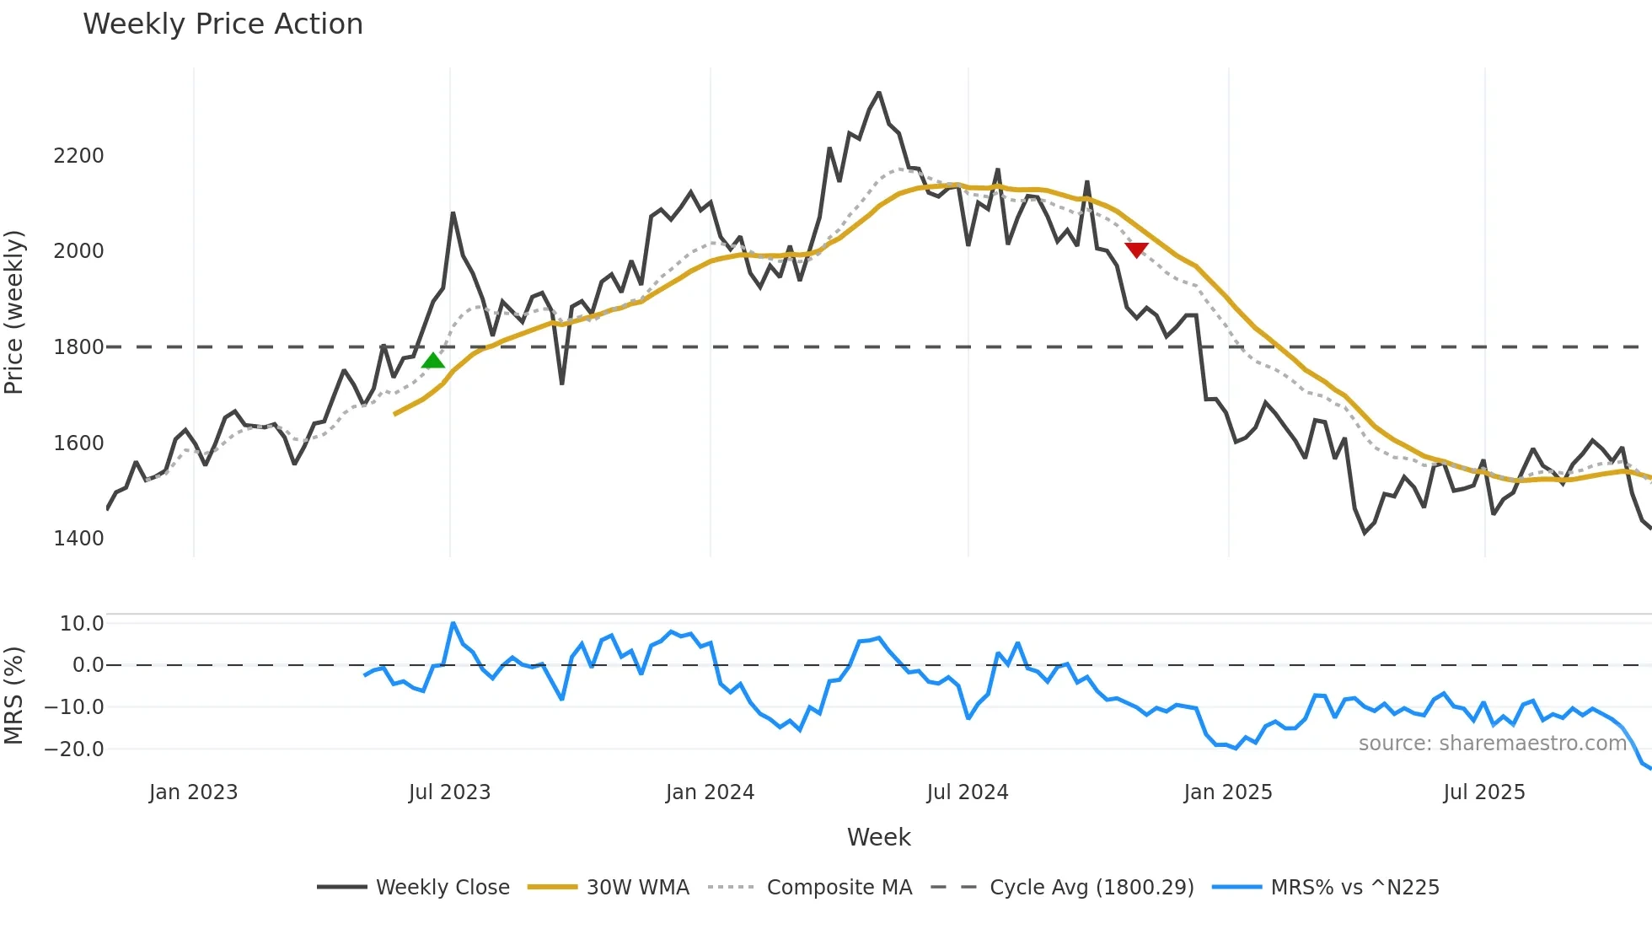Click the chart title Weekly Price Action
pos(223,24)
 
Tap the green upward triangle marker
pos(433,361)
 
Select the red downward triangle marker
pos(1136,250)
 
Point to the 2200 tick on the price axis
pos(78,156)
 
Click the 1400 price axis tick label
pos(78,539)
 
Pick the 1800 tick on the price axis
pos(78,347)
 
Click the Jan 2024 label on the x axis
pos(710,792)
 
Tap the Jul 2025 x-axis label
pos(1484,792)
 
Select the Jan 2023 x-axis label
pos(193,792)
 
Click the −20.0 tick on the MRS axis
pos(74,749)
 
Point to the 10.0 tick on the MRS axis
pos(82,624)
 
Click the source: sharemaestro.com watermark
pos(1492,744)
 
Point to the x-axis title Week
pos(878,837)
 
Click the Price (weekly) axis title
pos(14,312)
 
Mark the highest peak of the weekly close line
pos(879,93)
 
